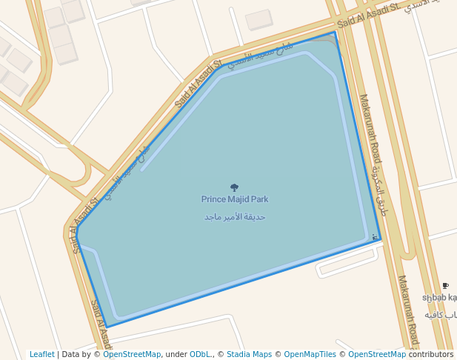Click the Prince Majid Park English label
[235, 199]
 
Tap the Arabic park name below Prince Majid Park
[235, 217]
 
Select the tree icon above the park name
[235, 187]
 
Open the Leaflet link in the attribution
[42, 354]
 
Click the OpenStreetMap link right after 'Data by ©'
[132, 354]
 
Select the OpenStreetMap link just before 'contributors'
[377, 354]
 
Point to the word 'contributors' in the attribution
[430, 354]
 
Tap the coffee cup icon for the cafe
[445, 286]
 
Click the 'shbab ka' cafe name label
[439, 298]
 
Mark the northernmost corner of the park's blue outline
[335, 32]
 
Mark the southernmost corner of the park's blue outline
[107, 327]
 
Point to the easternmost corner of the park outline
[381, 240]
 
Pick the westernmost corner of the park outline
[76, 239]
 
